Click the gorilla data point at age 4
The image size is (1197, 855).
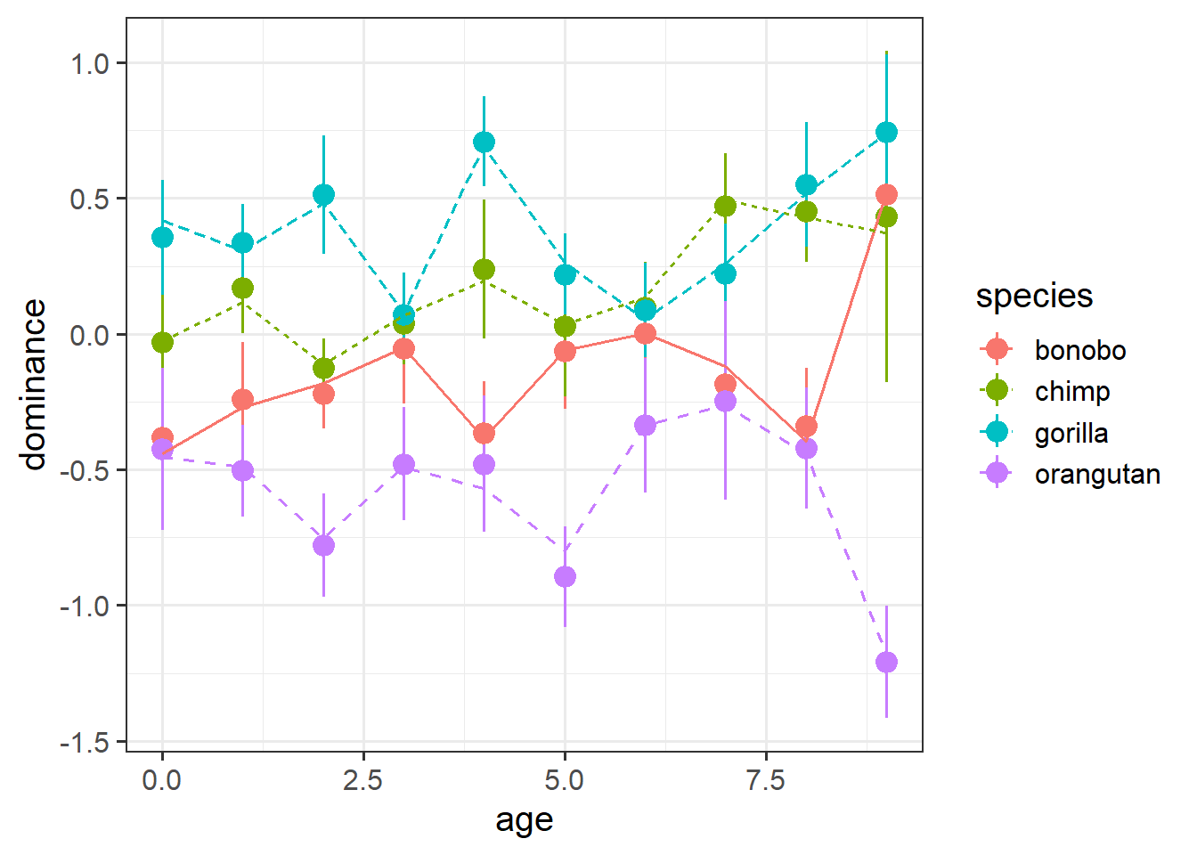[x=484, y=142]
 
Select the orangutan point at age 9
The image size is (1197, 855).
[x=886, y=662]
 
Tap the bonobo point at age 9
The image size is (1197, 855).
[x=886, y=195]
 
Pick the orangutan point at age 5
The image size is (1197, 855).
[x=565, y=576]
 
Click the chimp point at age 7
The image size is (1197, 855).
[x=726, y=206]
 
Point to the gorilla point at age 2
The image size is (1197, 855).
[x=323, y=195]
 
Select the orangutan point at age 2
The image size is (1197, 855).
[x=323, y=545]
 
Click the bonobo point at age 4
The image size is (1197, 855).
[x=484, y=434]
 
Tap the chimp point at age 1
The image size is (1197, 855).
[x=242, y=289]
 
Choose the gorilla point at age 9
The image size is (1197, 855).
[x=886, y=133]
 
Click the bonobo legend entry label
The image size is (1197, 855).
[x=1079, y=350]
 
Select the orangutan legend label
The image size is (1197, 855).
[x=1097, y=475]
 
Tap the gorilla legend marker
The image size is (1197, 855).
[x=997, y=433]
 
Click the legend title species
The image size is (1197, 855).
[x=1034, y=297]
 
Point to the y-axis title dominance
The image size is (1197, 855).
[x=34, y=384]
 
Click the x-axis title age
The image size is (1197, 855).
[x=525, y=820]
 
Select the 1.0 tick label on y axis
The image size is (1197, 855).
[x=89, y=63]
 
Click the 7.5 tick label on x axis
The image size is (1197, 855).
[x=765, y=781]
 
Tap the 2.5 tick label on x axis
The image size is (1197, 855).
[x=363, y=781]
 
